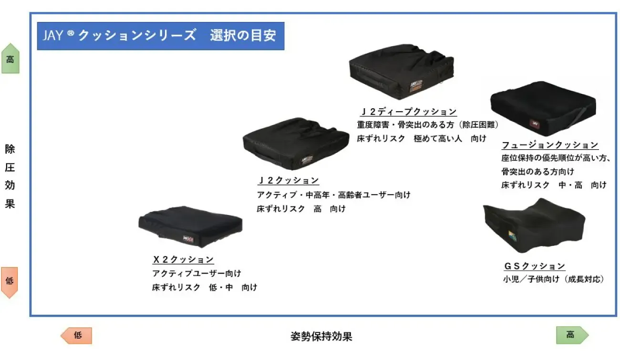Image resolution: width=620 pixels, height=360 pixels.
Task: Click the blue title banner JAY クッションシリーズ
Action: click(x=160, y=36)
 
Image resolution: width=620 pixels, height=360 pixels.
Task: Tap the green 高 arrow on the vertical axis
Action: click(x=10, y=59)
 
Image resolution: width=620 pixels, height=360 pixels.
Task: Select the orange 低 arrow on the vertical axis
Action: click(x=10, y=282)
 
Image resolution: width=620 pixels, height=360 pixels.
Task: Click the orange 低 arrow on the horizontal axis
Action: click(x=77, y=335)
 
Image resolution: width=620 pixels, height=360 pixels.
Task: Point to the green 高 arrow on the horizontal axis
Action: click(x=571, y=335)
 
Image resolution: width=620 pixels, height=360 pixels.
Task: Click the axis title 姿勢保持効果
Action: click(x=321, y=336)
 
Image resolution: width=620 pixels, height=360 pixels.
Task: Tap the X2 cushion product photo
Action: click(x=190, y=226)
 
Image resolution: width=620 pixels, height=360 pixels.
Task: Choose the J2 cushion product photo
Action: click(x=295, y=144)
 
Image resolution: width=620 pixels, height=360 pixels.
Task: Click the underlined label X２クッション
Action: click(x=183, y=260)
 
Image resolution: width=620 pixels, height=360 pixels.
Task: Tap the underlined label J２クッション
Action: click(x=288, y=181)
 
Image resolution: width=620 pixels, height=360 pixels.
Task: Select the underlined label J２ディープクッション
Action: click(x=408, y=112)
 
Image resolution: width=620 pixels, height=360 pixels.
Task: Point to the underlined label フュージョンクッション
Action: click(x=549, y=145)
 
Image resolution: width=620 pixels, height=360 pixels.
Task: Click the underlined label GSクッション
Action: click(x=534, y=266)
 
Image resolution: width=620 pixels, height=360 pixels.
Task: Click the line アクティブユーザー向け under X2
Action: click(x=196, y=274)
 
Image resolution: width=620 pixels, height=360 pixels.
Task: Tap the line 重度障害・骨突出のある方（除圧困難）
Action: click(x=428, y=125)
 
